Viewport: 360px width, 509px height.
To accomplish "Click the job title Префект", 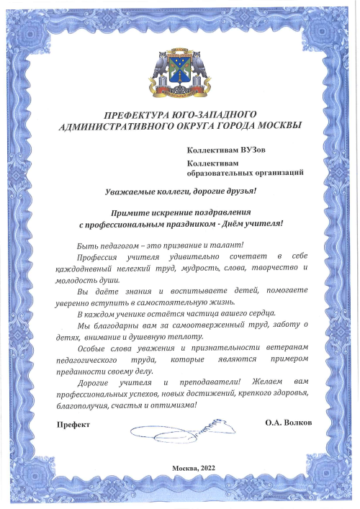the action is point(74,425).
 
